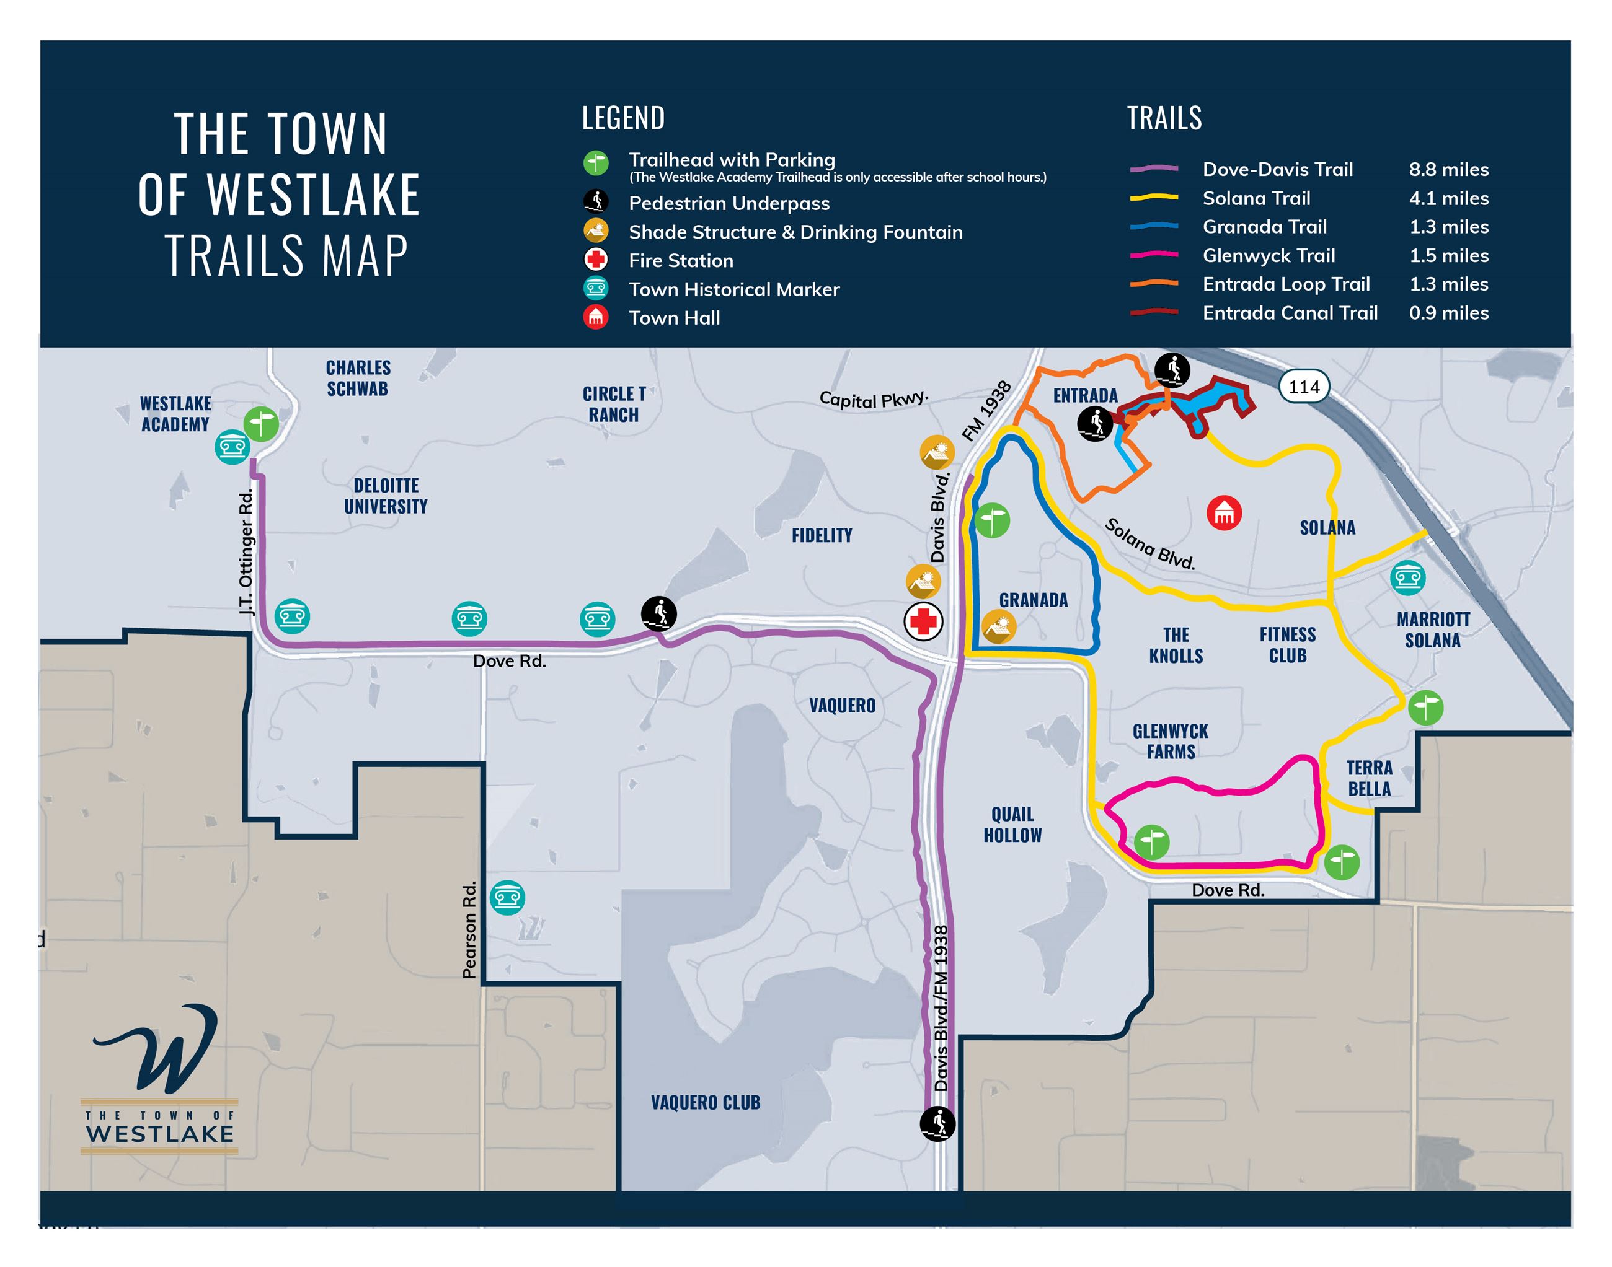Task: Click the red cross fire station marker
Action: (923, 621)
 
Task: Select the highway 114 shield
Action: (1304, 387)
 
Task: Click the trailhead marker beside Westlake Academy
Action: (261, 424)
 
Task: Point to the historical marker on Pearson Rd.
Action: (508, 898)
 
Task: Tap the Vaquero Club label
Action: (705, 1102)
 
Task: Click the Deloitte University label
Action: (385, 496)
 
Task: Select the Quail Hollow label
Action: (1012, 825)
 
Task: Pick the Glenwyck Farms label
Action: (1171, 741)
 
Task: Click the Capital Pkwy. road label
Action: (874, 399)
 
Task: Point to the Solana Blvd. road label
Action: (1149, 544)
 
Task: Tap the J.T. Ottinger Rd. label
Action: (246, 552)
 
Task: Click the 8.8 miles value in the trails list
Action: (1448, 170)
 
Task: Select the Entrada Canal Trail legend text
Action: (1289, 313)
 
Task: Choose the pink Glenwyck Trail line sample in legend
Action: (1153, 255)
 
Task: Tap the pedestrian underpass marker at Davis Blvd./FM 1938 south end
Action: (937, 1123)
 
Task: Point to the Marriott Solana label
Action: (1432, 630)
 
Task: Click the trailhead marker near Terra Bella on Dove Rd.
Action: (1341, 862)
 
